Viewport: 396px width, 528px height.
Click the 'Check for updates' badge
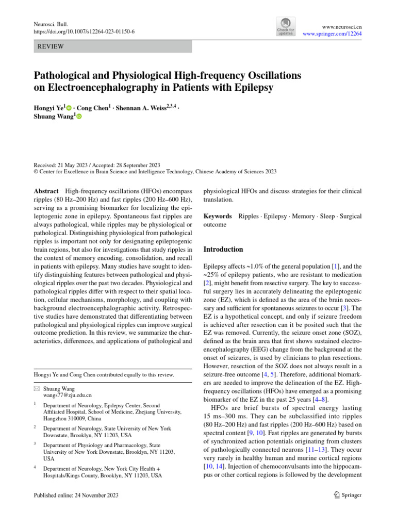coord(286,27)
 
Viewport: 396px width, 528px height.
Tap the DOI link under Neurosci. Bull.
coord(84,31)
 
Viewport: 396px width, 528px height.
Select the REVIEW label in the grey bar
coord(51,47)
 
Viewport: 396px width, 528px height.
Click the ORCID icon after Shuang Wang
coord(79,118)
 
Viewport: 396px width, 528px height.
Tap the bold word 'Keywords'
coord(217,216)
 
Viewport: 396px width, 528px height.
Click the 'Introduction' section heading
coord(223,249)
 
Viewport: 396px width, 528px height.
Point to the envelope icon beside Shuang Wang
coord(36,388)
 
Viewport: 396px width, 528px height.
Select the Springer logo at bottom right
coord(347,495)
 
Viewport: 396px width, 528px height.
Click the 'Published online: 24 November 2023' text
coord(76,496)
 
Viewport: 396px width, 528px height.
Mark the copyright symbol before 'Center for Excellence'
coord(36,172)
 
